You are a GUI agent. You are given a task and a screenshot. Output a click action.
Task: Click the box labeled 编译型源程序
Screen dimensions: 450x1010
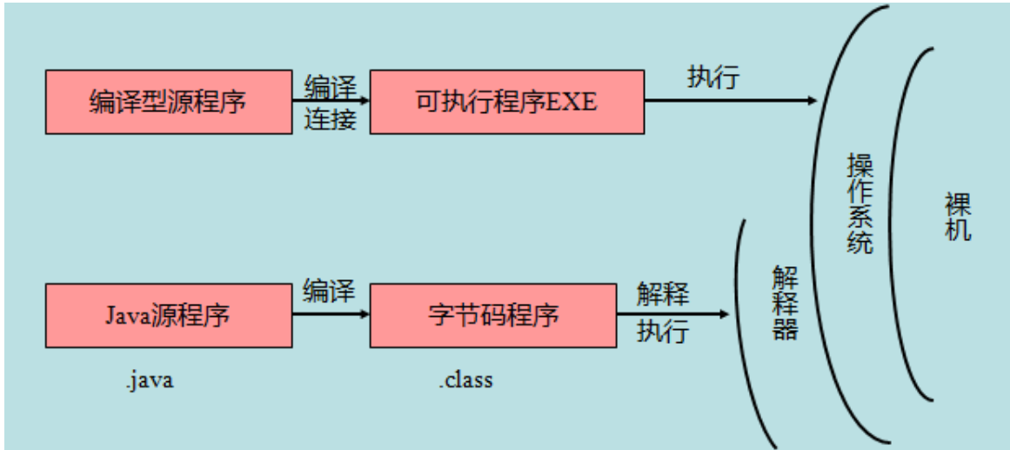[168, 102]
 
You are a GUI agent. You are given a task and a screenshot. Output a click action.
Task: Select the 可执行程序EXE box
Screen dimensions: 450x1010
[506, 102]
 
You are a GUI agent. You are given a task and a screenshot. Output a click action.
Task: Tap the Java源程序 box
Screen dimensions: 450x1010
[168, 314]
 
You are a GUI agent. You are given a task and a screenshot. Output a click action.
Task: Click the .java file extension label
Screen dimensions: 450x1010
[149, 380]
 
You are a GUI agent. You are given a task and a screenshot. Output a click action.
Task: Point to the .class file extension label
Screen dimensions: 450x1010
[465, 380]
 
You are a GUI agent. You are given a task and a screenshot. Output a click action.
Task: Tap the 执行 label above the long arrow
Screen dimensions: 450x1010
[713, 77]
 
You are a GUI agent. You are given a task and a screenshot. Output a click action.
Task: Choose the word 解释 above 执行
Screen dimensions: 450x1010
[663, 293]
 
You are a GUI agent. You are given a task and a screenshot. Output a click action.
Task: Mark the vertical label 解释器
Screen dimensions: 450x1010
[785, 303]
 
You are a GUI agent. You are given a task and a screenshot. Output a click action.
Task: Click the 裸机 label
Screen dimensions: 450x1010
[958, 218]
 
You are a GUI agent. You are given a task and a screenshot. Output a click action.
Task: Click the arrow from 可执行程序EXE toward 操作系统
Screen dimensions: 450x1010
[731, 101]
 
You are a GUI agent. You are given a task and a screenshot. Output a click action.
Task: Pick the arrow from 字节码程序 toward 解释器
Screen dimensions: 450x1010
[687, 313]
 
